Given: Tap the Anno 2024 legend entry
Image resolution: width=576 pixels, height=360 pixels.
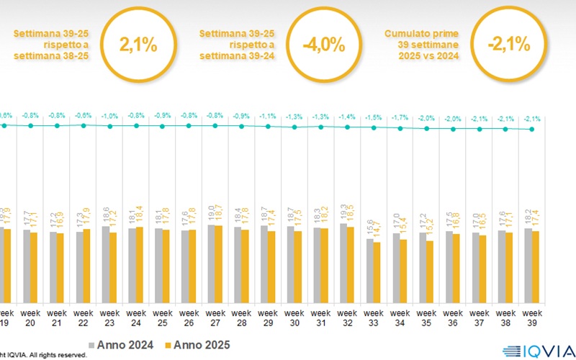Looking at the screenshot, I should pos(122,343).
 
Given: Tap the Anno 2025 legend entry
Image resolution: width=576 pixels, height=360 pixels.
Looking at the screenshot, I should pos(196,343).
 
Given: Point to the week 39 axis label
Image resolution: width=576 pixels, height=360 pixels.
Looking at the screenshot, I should pos(532,318).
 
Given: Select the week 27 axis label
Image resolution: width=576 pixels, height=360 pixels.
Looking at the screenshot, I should pos(215,318).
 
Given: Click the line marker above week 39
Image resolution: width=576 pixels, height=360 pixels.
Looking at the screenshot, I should pos(532,130).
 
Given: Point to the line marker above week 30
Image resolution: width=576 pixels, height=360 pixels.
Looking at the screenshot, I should pos(294,127).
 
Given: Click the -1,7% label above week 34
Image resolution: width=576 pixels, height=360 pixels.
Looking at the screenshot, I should pos(400,117).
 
